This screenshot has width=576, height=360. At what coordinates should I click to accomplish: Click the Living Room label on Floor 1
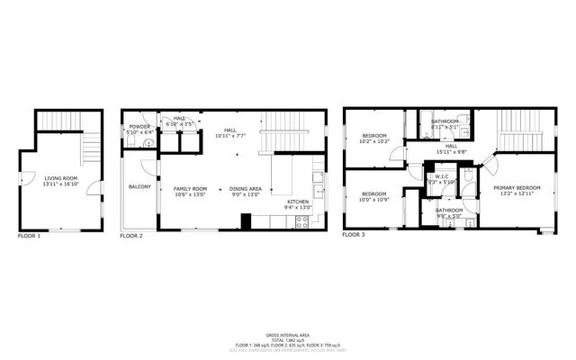click(61, 178)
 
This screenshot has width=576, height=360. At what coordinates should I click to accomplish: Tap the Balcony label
click(139, 186)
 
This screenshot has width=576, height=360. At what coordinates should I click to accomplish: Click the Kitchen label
click(298, 201)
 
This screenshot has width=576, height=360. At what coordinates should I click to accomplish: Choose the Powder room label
click(139, 126)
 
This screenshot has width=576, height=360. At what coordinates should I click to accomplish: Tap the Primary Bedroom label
click(517, 187)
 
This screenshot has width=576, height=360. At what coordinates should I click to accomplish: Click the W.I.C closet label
click(442, 176)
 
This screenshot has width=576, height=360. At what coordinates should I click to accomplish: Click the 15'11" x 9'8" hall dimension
click(450, 151)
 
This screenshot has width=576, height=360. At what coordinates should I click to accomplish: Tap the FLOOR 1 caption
click(30, 236)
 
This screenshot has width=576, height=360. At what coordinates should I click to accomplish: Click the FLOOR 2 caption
click(131, 236)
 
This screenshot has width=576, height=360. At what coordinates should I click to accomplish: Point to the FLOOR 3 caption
click(353, 236)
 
